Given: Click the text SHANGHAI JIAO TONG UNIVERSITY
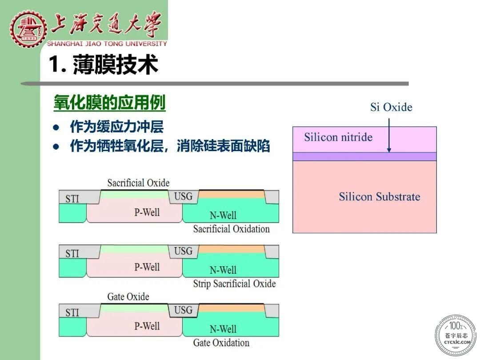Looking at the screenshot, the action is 107,44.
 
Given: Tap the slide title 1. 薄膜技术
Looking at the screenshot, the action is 104,64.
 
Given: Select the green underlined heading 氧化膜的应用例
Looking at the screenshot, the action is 110,102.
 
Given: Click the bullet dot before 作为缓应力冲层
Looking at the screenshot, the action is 56,128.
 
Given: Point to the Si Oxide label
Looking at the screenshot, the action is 391,107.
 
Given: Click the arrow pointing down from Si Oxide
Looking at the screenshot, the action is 389,135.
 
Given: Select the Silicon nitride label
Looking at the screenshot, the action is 338,137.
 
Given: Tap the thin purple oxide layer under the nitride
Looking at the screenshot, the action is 364,156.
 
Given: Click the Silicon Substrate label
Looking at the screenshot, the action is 380,196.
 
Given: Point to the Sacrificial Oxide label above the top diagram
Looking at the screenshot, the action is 138,183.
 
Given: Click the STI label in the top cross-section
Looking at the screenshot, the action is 72,199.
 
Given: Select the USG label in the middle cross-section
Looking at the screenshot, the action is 184,251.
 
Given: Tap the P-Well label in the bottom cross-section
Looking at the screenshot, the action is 147,326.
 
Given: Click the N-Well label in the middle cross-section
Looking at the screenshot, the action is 223,270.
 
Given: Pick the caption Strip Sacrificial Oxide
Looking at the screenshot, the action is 235,284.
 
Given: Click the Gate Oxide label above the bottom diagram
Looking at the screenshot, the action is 128,296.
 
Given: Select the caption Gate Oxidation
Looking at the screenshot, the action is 221,343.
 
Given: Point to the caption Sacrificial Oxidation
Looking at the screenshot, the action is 232,229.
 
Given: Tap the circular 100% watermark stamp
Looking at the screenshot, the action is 456,335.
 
